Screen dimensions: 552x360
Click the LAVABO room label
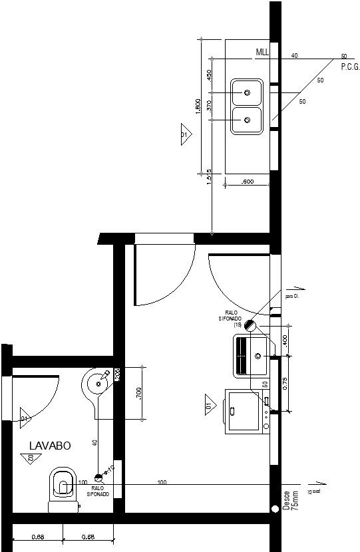pos(49,444)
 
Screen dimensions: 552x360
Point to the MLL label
pos(263,52)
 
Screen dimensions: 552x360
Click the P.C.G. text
pos(350,67)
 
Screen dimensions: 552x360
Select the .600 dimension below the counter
pos(246,181)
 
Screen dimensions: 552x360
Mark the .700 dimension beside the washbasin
pos(138,393)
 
